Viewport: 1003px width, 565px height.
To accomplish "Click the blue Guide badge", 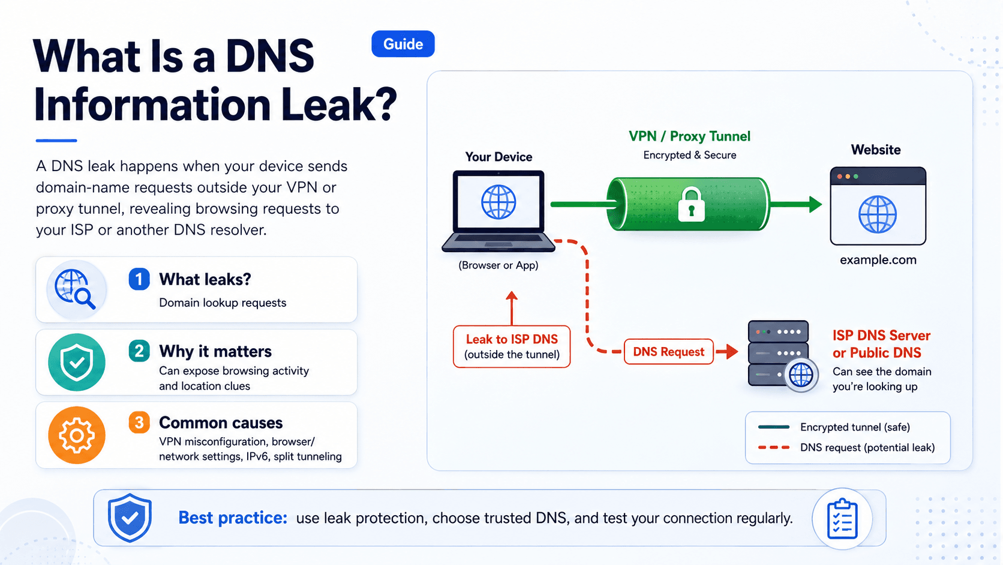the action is click(403, 44).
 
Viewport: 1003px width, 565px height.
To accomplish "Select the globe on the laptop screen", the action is click(499, 202).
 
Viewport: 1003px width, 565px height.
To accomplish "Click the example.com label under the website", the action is click(878, 260).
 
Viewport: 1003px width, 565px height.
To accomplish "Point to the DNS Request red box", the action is click(668, 352).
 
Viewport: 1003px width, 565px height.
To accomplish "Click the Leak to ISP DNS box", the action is click(512, 347).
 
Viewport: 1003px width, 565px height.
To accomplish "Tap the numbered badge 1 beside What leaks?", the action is click(139, 279).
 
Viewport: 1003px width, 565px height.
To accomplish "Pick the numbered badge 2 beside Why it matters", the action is click(139, 351).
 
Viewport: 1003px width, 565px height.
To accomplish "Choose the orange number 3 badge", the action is click(139, 423).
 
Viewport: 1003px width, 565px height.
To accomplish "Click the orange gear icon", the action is click(77, 435).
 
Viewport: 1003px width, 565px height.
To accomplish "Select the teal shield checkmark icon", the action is click(77, 362).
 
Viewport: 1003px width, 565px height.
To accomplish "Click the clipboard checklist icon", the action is click(842, 519).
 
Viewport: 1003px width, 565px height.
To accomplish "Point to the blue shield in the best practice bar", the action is click(130, 518).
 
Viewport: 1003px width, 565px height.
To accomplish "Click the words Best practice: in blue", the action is click(233, 518).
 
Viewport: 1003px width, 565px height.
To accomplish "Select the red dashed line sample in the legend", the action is click(774, 447).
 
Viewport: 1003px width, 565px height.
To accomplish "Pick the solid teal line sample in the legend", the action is click(774, 427).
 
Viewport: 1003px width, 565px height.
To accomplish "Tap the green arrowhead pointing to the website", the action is click(815, 204).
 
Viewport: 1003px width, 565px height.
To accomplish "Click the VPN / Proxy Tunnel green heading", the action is click(690, 136).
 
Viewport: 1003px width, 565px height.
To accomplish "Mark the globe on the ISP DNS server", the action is click(801, 375).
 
